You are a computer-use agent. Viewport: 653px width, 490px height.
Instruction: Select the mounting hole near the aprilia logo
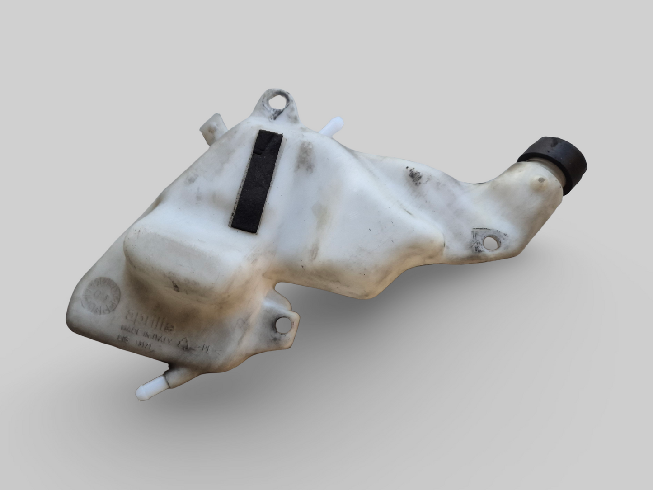284,324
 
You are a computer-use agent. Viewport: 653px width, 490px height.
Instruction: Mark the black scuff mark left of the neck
413,174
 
